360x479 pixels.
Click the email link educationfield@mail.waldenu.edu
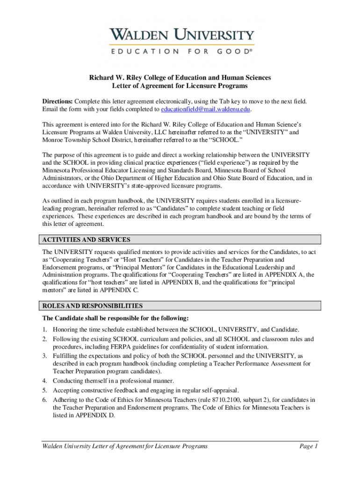206,109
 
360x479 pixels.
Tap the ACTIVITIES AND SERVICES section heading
86,239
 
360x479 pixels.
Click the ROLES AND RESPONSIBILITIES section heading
93,306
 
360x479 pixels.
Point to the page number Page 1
309,446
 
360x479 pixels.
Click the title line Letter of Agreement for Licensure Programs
180,86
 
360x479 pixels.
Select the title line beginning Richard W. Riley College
180,78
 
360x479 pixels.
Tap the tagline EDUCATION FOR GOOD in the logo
181,52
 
